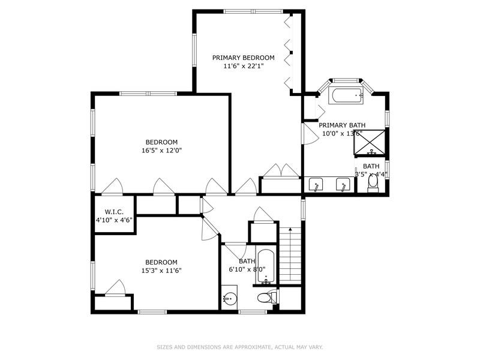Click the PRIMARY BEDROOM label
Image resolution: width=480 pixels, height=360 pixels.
(243, 58)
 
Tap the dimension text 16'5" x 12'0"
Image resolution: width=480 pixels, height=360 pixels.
(158, 151)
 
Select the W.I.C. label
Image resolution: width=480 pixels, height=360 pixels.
(114, 212)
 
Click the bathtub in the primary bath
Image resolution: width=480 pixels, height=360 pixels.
(346, 95)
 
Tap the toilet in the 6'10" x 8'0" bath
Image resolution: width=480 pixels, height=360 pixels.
(265, 298)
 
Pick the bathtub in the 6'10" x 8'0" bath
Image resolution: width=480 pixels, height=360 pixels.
(266, 266)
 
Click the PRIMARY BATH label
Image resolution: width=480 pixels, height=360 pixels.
(342, 125)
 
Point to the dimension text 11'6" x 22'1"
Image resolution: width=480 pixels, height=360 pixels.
(243, 67)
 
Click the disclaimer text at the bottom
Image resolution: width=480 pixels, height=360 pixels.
(240, 347)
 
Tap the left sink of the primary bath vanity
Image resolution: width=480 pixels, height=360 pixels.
(317, 185)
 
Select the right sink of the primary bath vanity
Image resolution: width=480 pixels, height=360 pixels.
(343, 185)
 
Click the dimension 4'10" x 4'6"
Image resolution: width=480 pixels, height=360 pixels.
(114, 220)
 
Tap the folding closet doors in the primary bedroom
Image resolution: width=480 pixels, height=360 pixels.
(289, 51)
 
